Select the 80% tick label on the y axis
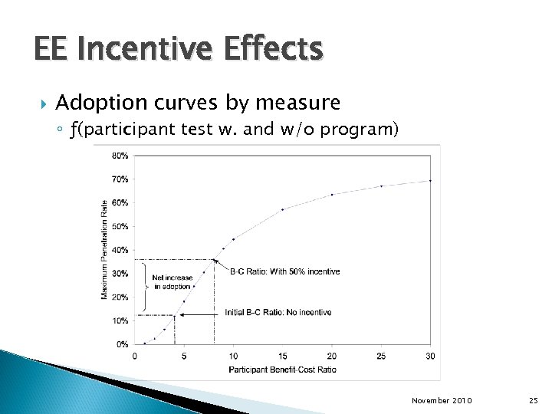[120, 156]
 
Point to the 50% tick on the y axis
[120, 226]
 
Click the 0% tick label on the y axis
[122, 344]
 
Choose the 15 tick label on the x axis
[282, 355]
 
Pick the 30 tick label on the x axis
[430, 355]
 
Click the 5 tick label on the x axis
[184, 355]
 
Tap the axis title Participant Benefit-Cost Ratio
[282, 369]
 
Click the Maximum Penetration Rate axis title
[105, 249]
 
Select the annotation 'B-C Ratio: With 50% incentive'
[284, 271]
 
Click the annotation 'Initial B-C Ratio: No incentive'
[278, 312]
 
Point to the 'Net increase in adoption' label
[172, 282]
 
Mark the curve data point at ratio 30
[430, 180]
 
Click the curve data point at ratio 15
[282, 209]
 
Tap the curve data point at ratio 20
[332, 194]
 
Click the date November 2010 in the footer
[442, 400]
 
